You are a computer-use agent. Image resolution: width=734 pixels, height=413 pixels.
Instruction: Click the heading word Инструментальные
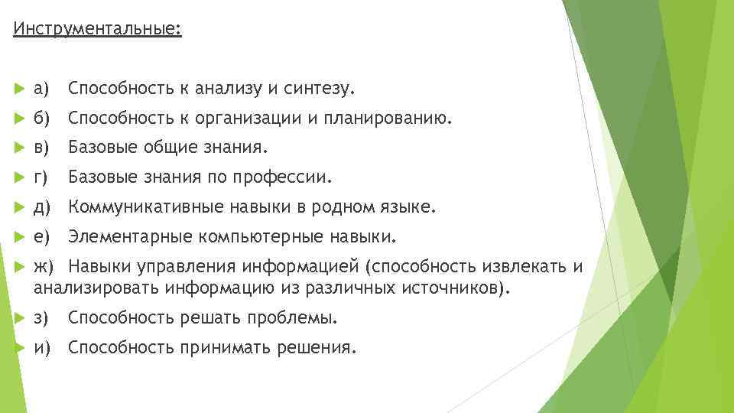coord(96,30)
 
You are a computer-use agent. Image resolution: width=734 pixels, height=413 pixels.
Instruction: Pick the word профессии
coord(292,178)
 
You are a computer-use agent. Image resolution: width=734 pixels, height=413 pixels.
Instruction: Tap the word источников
coord(457,288)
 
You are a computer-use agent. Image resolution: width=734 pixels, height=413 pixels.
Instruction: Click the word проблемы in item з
coord(299,317)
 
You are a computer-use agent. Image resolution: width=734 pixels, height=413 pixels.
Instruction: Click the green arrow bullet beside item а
coord(20,90)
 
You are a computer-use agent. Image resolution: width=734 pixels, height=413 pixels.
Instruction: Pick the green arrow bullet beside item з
coord(20,317)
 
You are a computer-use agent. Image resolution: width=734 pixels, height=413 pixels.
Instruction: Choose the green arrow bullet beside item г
coord(20,178)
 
